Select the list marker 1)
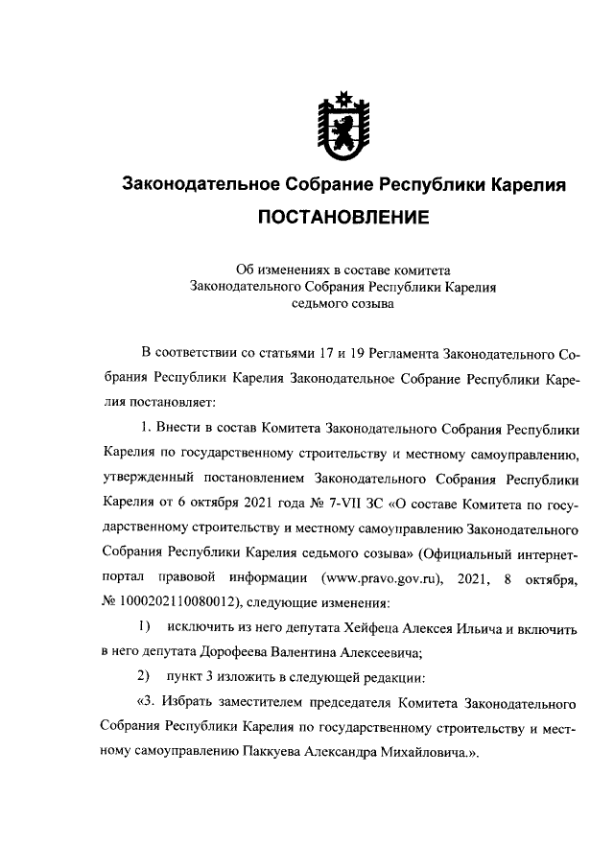click(145, 629)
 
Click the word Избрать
click(192, 704)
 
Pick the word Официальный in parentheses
click(472, 553)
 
